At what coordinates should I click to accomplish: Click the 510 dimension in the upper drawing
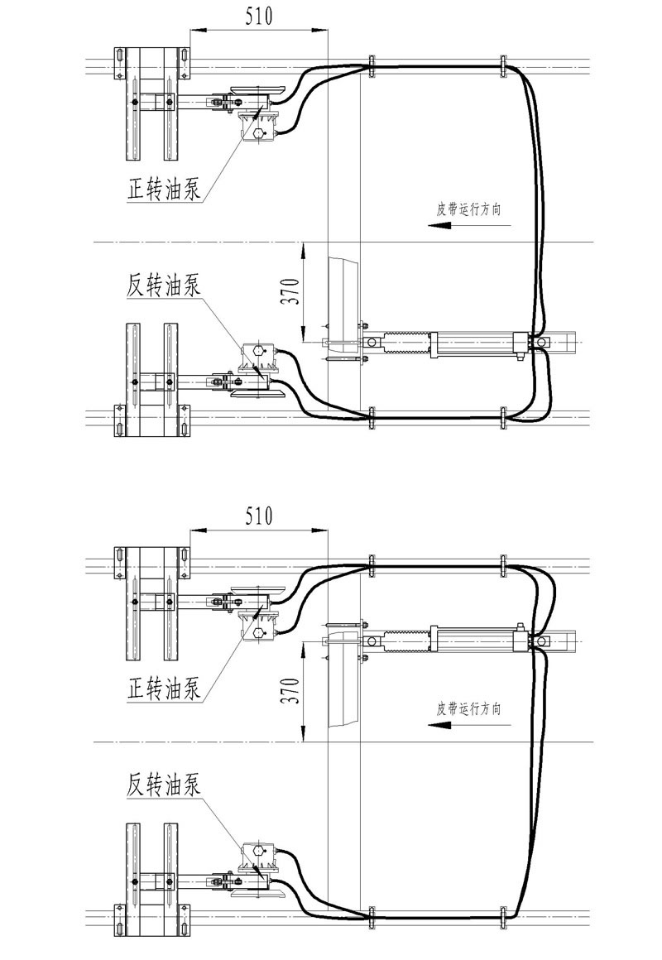point(258,16)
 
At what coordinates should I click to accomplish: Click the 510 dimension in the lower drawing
point(258,516)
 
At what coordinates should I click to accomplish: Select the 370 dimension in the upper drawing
point(290,286)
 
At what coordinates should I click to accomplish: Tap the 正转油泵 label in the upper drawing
point(164,191)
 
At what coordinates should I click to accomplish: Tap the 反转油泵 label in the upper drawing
point(164,285)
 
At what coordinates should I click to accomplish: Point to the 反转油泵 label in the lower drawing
point(164,782)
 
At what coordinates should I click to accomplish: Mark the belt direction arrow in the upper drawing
point(442,225)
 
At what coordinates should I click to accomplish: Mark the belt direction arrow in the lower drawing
point(442,724)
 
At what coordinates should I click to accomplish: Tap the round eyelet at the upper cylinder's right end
point(540,342)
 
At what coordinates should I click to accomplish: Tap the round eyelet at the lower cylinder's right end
point(540,641)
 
